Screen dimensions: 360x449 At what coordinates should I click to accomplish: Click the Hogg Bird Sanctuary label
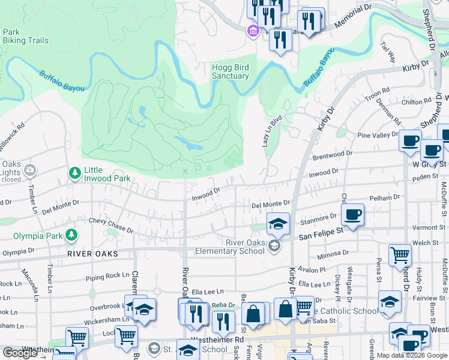coord(230,71)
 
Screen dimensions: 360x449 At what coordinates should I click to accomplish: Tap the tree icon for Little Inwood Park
coord(75,173)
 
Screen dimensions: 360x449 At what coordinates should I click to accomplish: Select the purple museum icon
coord(253,31)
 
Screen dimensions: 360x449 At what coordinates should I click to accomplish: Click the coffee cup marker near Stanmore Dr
coord(353,214)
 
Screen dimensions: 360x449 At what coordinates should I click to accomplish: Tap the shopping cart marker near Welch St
coord(400,255)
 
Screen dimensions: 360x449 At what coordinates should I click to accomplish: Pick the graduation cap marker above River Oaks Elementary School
coord(278,224)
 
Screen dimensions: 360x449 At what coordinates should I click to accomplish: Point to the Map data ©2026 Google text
coord(411,355)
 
